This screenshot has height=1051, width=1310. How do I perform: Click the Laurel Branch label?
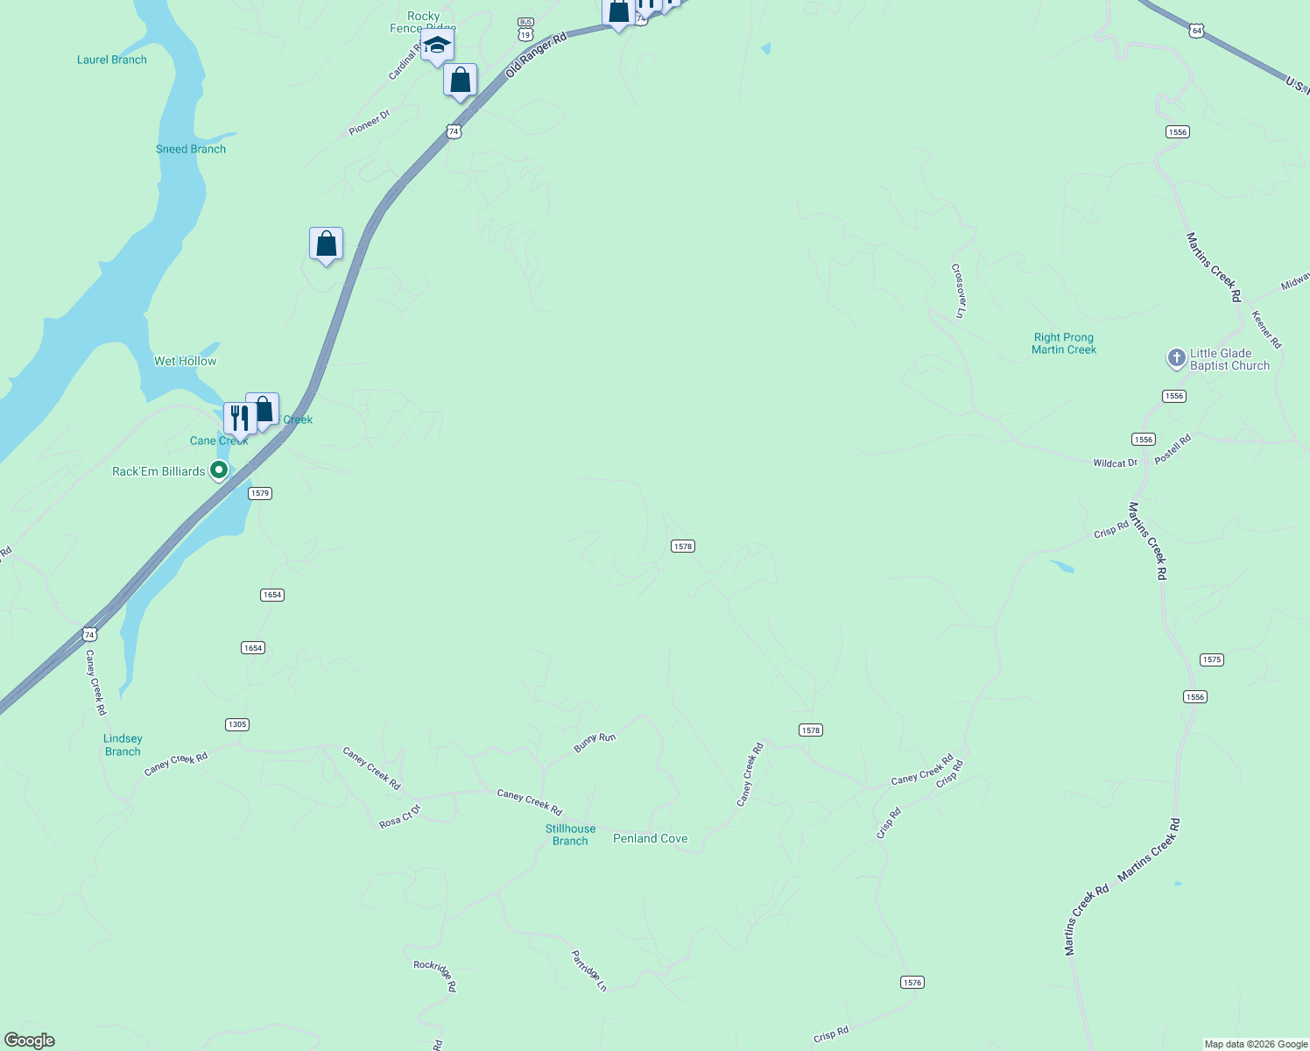(x=112, y=60)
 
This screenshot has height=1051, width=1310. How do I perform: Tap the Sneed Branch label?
(x=191, y=149)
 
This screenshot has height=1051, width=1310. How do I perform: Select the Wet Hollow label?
(x=185, y=361)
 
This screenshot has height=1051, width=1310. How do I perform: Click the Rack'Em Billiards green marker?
(x=219, y=470)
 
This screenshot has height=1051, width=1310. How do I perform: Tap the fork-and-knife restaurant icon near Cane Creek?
(x=239, y=418)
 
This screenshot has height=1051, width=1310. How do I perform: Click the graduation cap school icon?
(x=437, y=46)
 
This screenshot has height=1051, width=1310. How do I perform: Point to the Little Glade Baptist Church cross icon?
(x=1176, y=357)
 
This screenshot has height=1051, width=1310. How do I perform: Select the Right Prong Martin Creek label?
(x=1064, y=343)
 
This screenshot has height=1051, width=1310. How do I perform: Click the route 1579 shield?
(x=260, y=493)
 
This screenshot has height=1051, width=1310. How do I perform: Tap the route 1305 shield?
(x=237, y=724)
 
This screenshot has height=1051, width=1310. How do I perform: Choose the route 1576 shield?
(x=912, y=982)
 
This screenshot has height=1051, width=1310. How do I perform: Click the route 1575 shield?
(x=1212, y=660)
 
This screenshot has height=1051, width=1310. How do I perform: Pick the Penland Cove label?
(x=650, y=838)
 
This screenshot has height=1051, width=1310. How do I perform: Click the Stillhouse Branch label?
(x=570, y=835)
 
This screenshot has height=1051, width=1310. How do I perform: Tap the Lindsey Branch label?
(x=123, y=745)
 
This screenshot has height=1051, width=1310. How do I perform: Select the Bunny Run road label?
(x=595, y=743)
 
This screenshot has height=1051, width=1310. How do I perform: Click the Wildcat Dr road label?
(x=1115, y=462)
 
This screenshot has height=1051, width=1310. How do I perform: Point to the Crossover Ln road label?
(x=958, y=291)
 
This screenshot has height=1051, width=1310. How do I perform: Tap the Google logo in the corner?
(x=30, y=1040)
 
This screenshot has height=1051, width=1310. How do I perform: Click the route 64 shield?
(x=1197, y=31)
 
